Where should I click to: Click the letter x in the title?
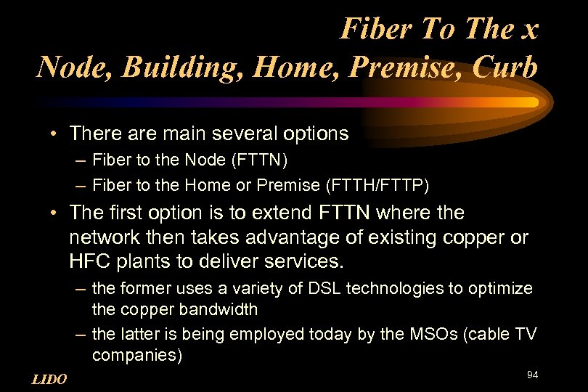pyautogui.click(x=528, y=30)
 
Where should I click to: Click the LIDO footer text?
pyautogui.click(x=49, y=379)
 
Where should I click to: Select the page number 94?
pyautogui.click(x=532, y=375)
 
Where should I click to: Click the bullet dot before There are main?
pyautogui.click(x=55, y=134)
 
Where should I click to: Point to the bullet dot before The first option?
pyautogui.click(x=55, y=213)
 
